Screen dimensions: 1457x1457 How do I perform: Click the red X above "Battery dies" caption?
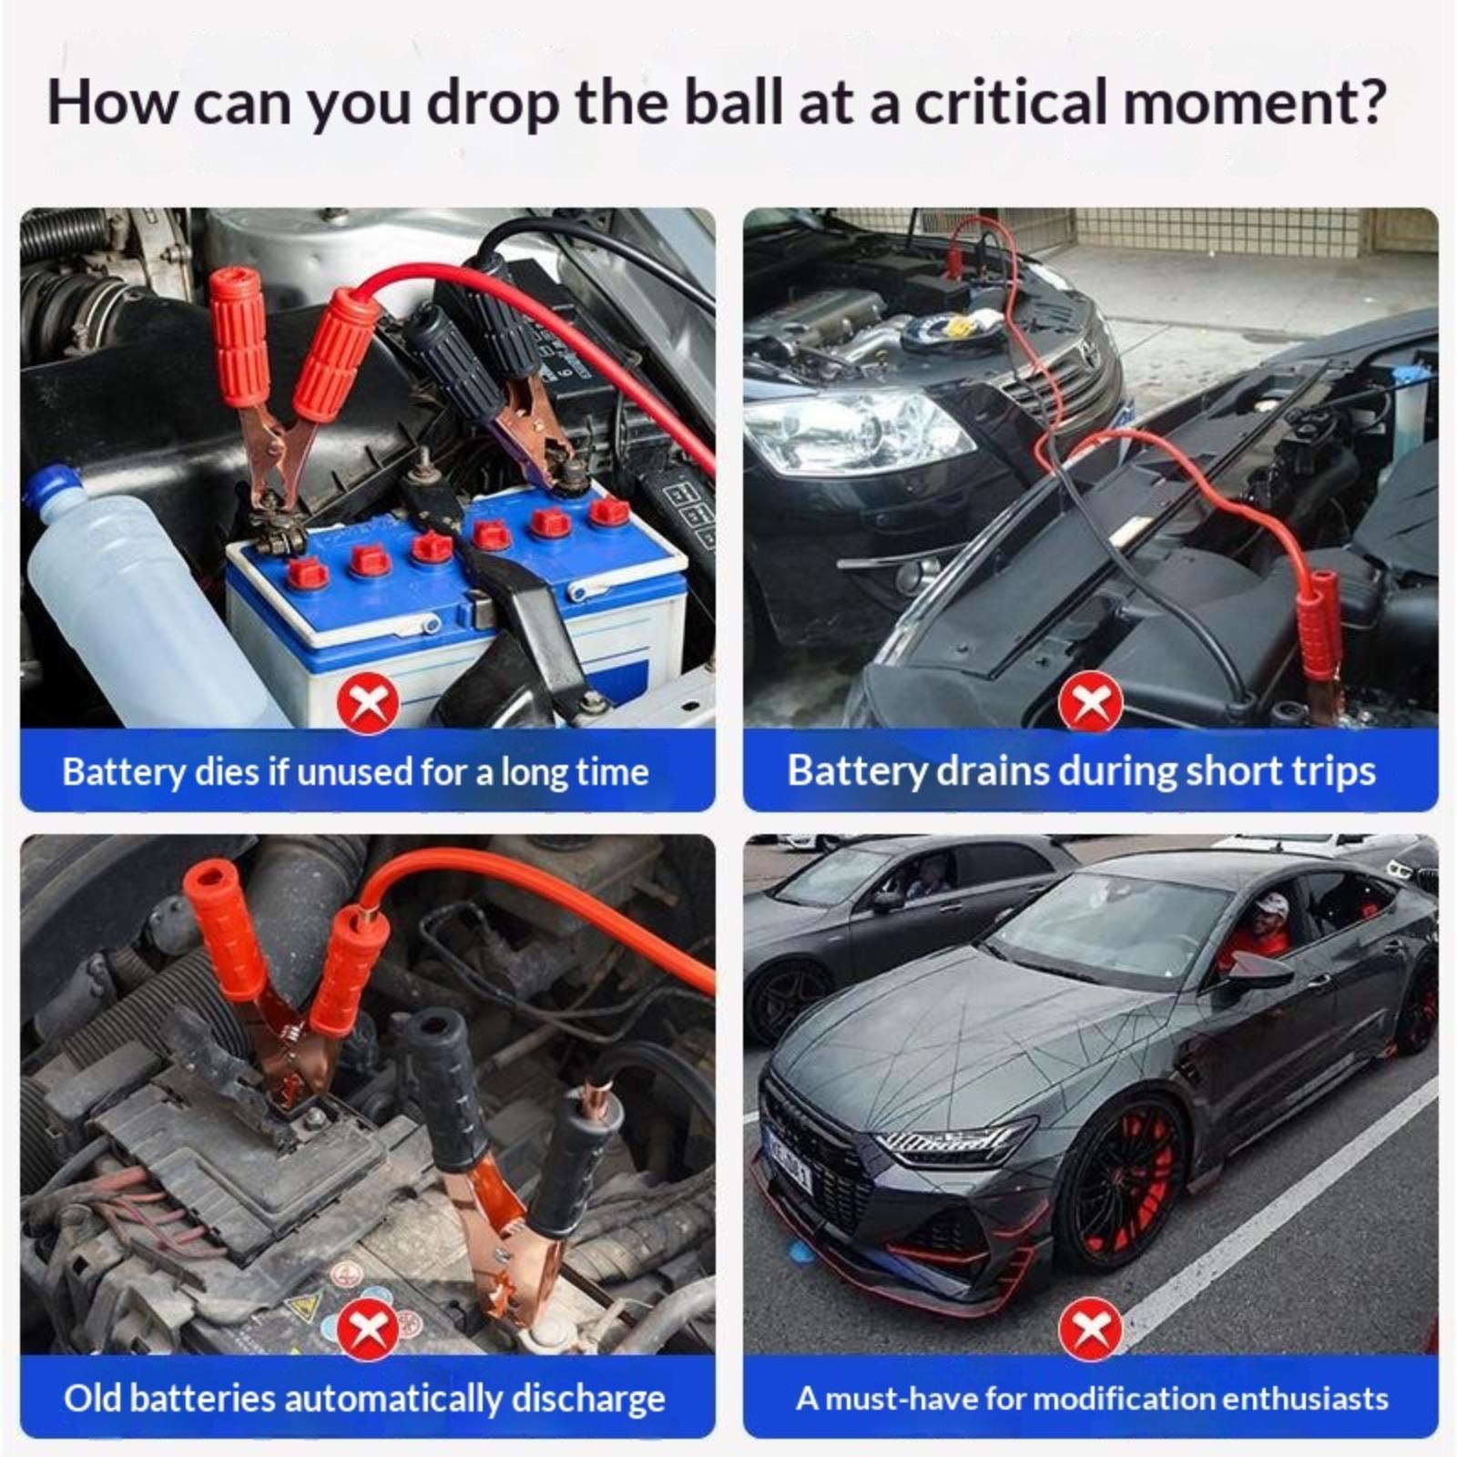(x=369, y=704)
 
